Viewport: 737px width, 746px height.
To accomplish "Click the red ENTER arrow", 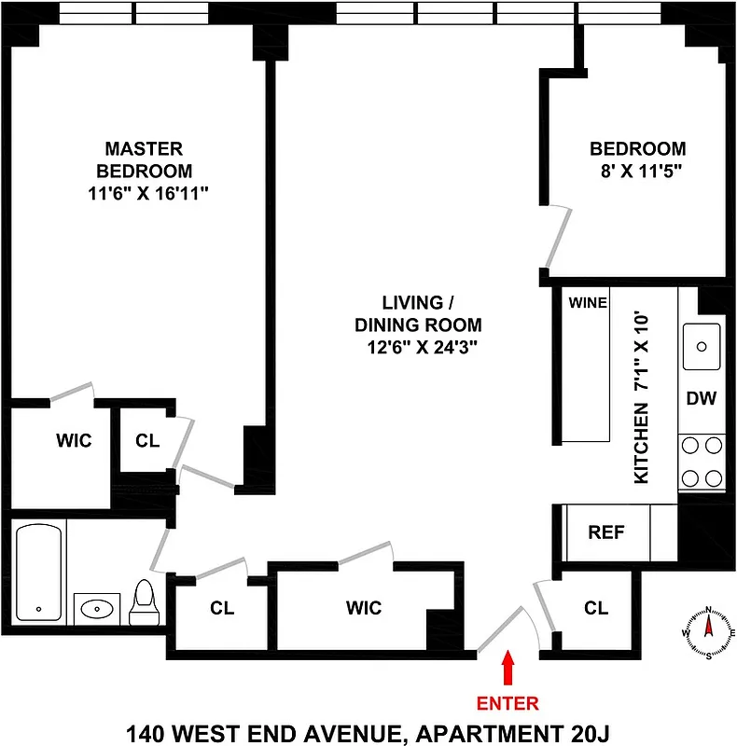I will pos(508,669).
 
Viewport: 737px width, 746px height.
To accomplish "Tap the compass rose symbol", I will pos(708,631).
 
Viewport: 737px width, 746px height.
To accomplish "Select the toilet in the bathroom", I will pos(144,604).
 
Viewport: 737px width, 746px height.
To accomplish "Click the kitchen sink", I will pos(702,343).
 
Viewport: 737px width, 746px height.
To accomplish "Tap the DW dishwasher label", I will pos(701,399).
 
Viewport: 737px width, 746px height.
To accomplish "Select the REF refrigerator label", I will pos(605,532).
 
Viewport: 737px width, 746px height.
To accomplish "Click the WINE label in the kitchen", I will pos(588,302).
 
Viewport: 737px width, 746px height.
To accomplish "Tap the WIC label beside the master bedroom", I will pos(74,440).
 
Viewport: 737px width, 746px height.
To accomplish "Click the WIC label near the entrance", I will pos(364,608).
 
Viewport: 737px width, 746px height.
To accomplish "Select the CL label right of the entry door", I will pos(596,608).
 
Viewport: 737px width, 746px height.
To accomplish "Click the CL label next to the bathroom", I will pos(221,608).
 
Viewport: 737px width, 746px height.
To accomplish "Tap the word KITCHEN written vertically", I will pos(641,443).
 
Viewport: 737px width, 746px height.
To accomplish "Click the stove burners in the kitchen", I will pos(702,462).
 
